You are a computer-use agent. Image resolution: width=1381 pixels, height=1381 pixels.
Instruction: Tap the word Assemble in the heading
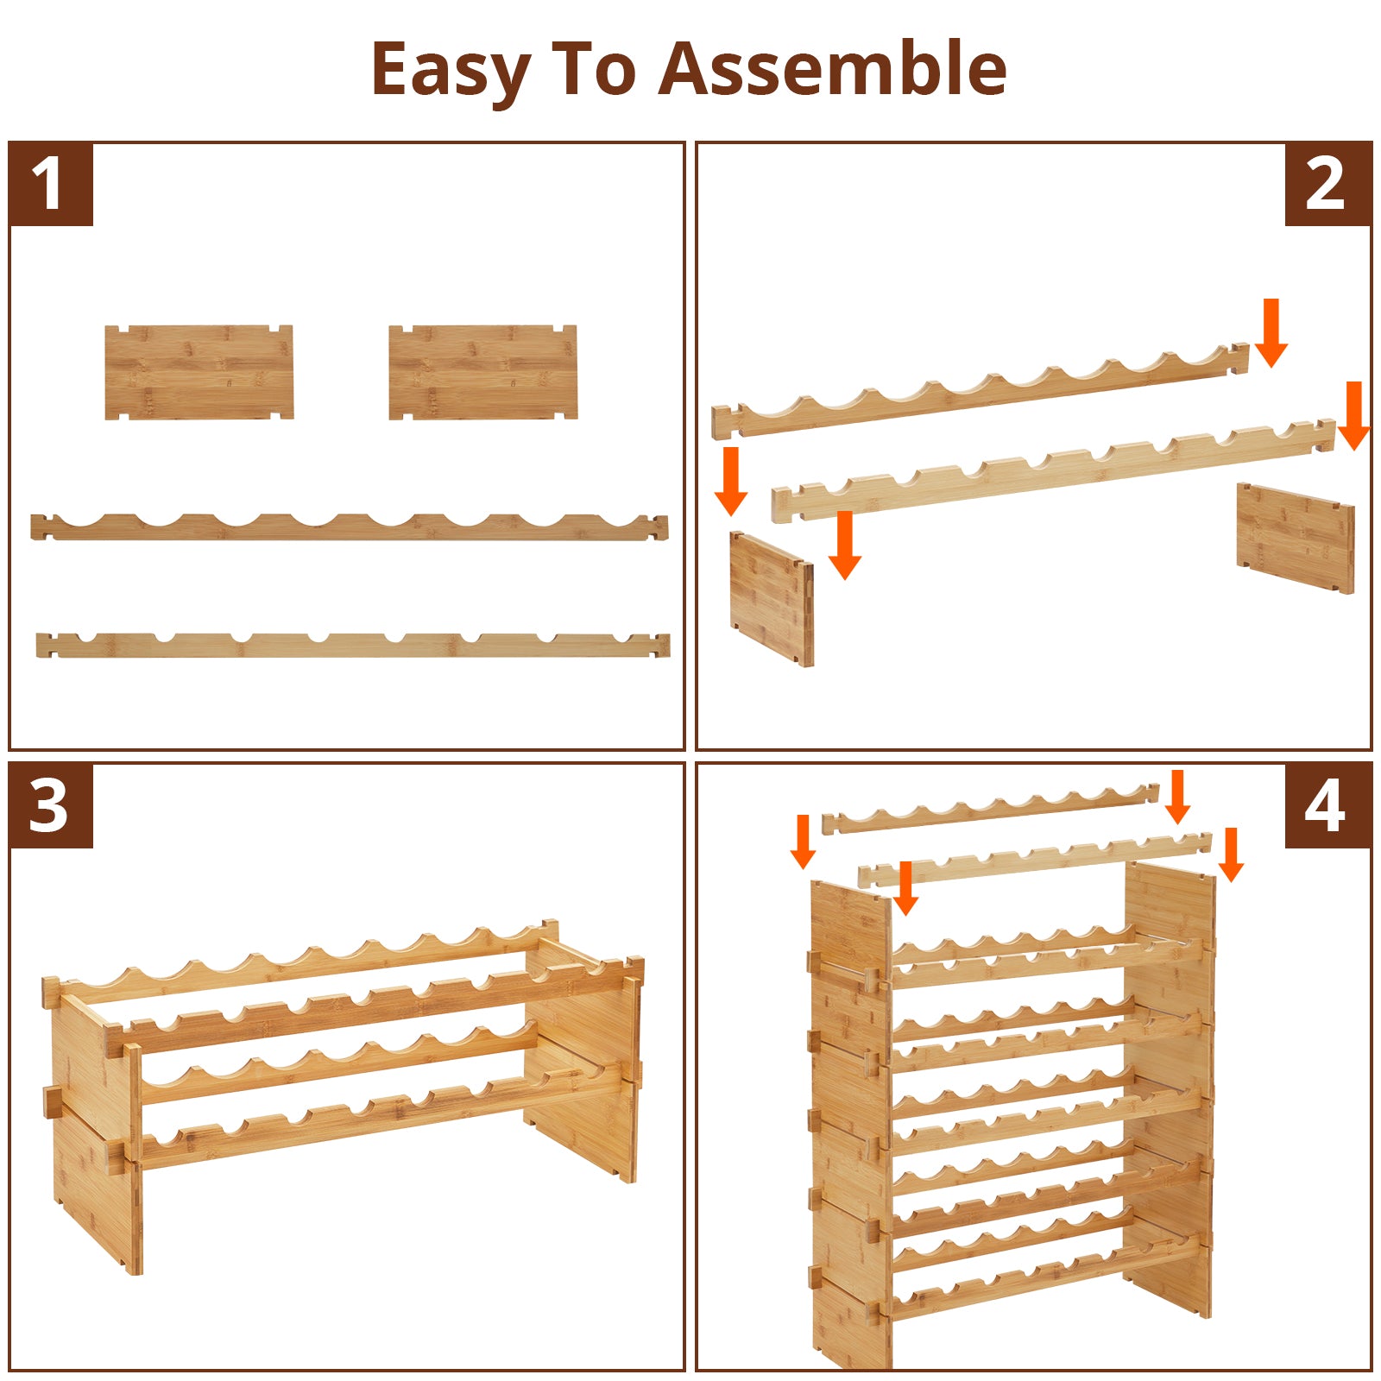click(x=833, y=68)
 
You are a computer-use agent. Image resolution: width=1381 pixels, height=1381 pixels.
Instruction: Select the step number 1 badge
click(x=50, y=185)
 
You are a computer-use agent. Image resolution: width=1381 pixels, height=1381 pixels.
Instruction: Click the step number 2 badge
click(x=1328, y=185)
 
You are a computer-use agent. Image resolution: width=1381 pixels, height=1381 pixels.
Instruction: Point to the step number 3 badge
click(x=50, y=806)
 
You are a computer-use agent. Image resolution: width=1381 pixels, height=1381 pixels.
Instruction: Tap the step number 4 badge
click(x=1328, y=806)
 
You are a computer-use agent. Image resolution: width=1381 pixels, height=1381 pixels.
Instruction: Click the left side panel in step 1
click(x=199, y=372)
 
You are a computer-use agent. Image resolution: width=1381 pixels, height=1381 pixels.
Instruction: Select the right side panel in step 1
click(x=482, y=372)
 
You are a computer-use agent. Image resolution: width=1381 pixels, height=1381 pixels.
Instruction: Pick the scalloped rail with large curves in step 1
click(x=350, y=527)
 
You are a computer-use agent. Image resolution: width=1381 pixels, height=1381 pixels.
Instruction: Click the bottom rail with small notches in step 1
click(x=353, y=645)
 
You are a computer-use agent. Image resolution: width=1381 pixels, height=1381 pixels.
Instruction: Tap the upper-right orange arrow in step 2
click(x=1271, y=333)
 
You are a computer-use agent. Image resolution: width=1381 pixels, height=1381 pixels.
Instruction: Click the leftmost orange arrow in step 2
click(x=731, y=481)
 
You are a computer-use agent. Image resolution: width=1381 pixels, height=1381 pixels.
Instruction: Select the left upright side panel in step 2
click(x=772, y=599)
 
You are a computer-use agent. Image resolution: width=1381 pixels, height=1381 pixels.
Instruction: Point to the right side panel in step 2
click(x=1296, y=538)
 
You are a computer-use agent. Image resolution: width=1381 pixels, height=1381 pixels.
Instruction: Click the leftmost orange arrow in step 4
click(x=803, y=842)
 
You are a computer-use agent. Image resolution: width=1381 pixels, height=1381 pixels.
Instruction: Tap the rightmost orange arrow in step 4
click(x=1231, y=854)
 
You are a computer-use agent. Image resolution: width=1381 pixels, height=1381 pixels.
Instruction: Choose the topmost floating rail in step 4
click(x=990, y=809)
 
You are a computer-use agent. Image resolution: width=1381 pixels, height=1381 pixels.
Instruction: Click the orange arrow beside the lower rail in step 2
click(x=845, y=545)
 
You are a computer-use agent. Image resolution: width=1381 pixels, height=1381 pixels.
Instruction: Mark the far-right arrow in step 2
click(x=1353, y=416)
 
